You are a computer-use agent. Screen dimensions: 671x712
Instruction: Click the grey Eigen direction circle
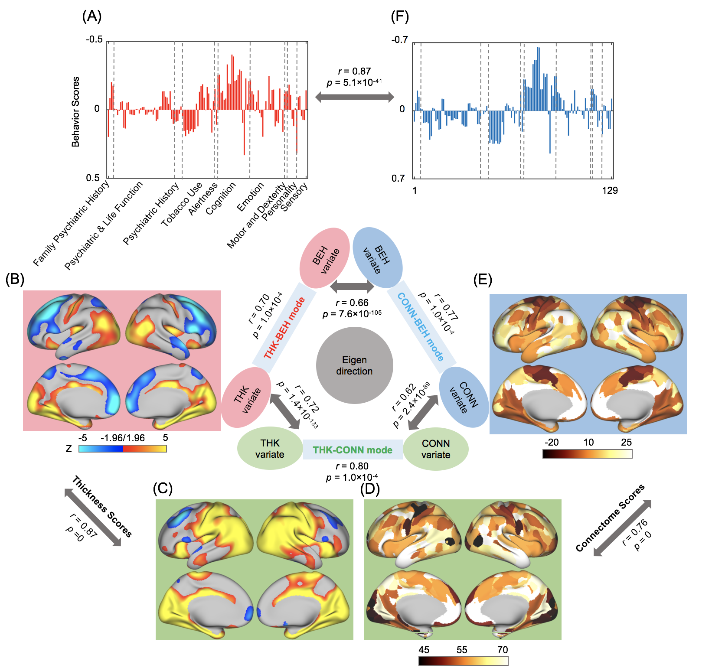(354, 365)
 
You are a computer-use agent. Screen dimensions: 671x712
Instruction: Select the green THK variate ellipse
(270, 449)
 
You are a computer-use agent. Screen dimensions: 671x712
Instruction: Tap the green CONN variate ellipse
(436, 449)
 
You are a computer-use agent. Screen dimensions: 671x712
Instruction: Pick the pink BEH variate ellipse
(324, 258)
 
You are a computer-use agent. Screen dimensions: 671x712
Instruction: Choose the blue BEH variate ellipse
(377, 258)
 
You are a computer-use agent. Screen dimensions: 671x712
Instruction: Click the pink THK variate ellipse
(246, 397)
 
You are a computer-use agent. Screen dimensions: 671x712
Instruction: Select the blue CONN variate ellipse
(464, 397)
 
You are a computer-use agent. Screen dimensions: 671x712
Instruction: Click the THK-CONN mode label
(353, 450)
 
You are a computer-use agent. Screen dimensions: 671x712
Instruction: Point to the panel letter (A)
(91, 16)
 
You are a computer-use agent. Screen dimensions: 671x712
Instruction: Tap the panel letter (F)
(400, 16)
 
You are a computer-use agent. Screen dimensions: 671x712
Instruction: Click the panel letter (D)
(370, 489)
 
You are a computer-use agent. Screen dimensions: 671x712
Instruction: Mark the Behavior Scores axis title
(75, 112)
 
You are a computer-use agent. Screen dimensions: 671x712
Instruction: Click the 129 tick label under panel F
(610, 190)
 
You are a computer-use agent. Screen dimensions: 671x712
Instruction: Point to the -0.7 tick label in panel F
(399, 40)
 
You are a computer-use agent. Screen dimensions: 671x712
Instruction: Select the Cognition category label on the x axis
(221, 198)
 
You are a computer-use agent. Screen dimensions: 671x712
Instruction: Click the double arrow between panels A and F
(354, 97)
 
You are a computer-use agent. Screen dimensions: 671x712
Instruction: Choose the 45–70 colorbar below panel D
(463, 661)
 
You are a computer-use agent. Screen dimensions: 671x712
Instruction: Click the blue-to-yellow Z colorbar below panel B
(123, 449)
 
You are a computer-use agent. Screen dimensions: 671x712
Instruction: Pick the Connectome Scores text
(610, 518)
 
